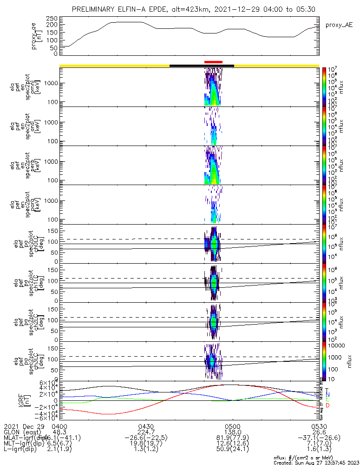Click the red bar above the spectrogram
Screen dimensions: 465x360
click(213, 62)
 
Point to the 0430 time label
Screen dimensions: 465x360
click(146, 426)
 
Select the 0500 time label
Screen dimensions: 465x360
click(232, 426)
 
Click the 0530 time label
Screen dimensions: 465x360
click(319, 426)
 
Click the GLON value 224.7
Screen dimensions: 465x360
click(146, 432)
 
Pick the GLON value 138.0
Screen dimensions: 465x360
click(232, 432)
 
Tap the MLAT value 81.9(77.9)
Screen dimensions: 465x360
click(232, 438)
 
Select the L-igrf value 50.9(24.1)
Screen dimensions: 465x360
click(232, 450)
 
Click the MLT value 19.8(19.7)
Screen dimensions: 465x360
click(146, 444)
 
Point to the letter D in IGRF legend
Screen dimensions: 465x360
click(327, 405)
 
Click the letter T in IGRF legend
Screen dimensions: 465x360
click(327, 390)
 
